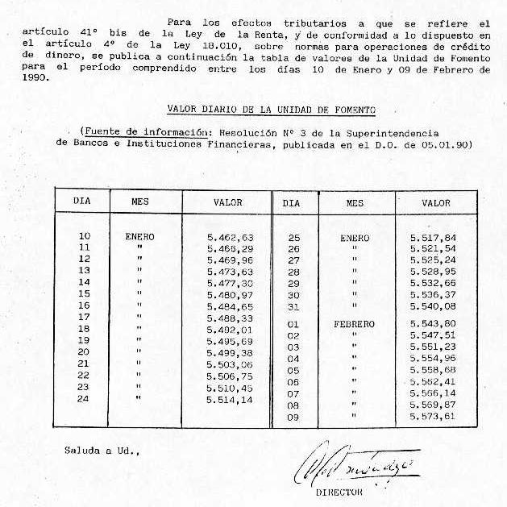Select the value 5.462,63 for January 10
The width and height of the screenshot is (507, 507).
pyautogui.click(x=230, y=238)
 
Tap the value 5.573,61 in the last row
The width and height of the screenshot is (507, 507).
pyautogui.click(x=432, y=416)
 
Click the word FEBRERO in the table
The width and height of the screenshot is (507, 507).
pyautogui.click(x=354, y=324)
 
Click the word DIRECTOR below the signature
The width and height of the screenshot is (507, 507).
pyautogui.click(x=339, y=491)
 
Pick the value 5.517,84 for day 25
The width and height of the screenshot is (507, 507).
pyautogui.click(x=432, y=238)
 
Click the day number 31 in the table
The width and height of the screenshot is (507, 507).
pyautogui.click(x=293, y=306)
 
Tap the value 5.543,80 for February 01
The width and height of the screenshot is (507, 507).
pyautogui.click(x=432, y=324)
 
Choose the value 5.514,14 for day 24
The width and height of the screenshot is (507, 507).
pyautogui.click(x=230, y=398)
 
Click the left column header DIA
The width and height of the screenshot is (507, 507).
pyautogui.click(x=82, y=202)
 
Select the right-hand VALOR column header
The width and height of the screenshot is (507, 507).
pyautogui.click(x=436, y=203)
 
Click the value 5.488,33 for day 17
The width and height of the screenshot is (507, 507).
pyautogui.click(x=230, y=318)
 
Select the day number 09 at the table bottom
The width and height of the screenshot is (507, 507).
pyautogui.click(x=293, y=417)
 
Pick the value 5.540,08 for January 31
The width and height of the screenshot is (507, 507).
pyautogui.click(x=432, y=306)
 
